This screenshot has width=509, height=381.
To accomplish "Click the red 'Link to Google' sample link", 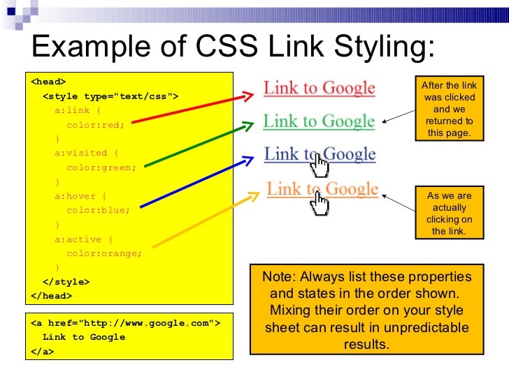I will (x=319, y=88).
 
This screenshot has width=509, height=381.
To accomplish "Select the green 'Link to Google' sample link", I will (x=319, y=121).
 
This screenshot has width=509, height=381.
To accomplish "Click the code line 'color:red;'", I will (x=95, y=125).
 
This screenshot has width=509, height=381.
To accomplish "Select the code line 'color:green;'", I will (x=101, y=167).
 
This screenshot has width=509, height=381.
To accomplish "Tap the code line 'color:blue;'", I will (x=98, y=210).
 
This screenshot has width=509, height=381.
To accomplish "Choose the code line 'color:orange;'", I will (x=103, y=253).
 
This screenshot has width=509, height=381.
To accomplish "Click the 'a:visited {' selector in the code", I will (x=87, y=153).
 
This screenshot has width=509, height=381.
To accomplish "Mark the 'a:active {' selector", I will (x=84, y=239).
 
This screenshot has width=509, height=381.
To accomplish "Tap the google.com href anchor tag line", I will (x=126, y=323).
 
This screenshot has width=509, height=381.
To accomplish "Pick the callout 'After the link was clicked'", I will (x=449, y=109).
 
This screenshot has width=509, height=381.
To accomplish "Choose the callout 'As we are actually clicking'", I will (x=449, y=214).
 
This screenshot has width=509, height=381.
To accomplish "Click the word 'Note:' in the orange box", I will (x=278, y=276).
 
